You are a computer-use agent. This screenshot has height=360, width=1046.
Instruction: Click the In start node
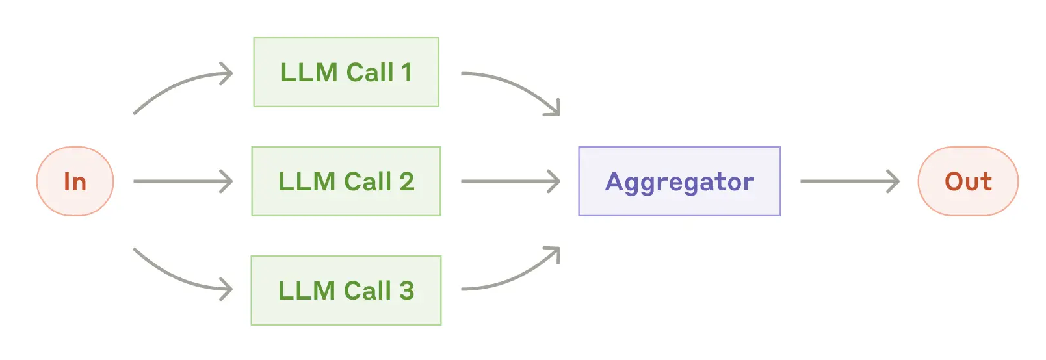click(x=75, y=181)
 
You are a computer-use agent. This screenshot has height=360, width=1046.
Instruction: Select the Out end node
click(x=967, y=181)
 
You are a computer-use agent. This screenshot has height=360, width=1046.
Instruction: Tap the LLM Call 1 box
click(x=346, y=72)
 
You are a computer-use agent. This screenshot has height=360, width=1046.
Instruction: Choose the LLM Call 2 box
click(x=346, y=181)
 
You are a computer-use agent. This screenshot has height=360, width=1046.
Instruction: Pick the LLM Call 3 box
click(x=346, y=290)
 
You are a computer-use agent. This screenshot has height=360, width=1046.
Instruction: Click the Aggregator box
click(x=679, y=181)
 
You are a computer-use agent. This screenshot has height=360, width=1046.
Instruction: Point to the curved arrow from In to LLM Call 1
click(x=176, y=84)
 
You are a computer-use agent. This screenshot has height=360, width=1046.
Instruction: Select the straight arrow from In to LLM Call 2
click(x=182, y=181)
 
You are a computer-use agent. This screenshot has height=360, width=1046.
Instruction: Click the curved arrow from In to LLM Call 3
click(x=176, y=277)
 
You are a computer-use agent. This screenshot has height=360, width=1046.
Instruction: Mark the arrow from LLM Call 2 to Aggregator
click(x=510, y=181)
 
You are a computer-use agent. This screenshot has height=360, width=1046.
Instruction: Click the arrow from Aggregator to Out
click(x=849, y=181)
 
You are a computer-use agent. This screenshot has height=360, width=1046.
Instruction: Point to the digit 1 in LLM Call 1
click(x=407, y=73)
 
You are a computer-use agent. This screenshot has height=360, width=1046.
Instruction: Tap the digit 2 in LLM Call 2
click(x=407, y=182)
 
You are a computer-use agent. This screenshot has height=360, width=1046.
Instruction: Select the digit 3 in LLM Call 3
click(x=407, y=291)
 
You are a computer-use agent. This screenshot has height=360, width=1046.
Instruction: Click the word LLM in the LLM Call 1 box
click(x=309, y=73)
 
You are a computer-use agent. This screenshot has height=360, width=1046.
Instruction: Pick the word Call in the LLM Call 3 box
click(x=367, y=291)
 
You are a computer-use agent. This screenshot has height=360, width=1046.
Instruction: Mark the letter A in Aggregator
click(x=614, y=182)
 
